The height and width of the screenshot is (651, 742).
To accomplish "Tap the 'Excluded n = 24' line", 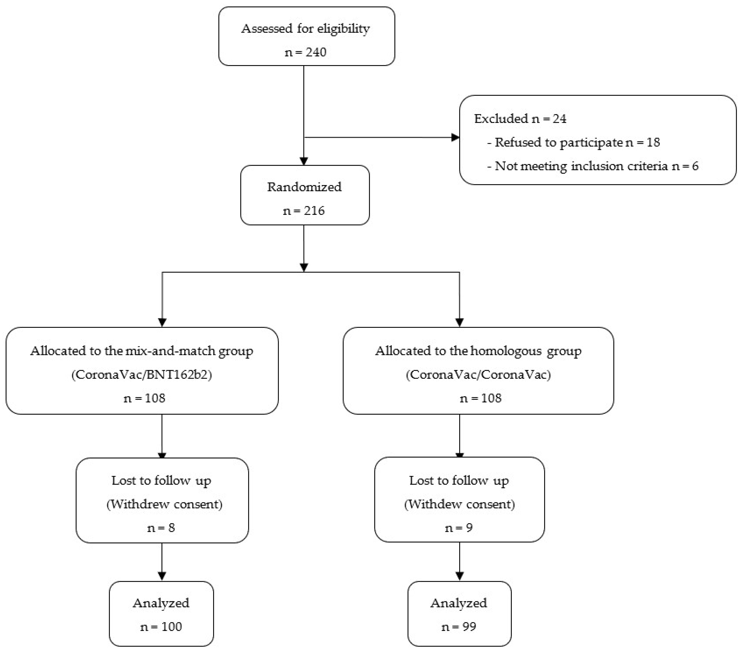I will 520,119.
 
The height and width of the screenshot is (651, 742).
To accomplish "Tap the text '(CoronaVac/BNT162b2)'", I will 142,374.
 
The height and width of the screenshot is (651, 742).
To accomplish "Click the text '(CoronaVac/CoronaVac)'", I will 478,374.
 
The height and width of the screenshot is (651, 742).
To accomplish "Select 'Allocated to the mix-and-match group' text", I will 142,351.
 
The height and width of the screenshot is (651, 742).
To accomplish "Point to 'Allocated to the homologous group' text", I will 478,351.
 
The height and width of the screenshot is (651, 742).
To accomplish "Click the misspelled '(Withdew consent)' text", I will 459,504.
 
